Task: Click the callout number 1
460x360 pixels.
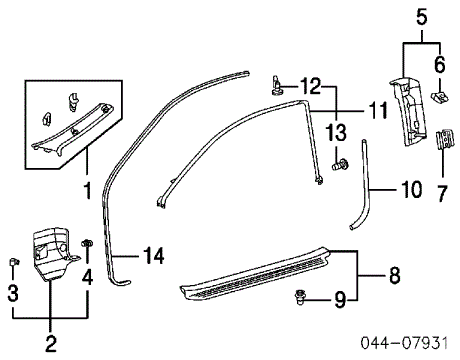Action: pyautogui.click(x=87, y=187)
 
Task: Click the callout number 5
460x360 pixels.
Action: pyautogui.click(x=421, y=14)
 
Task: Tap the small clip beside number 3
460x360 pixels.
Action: pyautogui.click(x=12, y=262)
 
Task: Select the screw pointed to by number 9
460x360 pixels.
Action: pyautogui.click(x=302, y=296)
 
